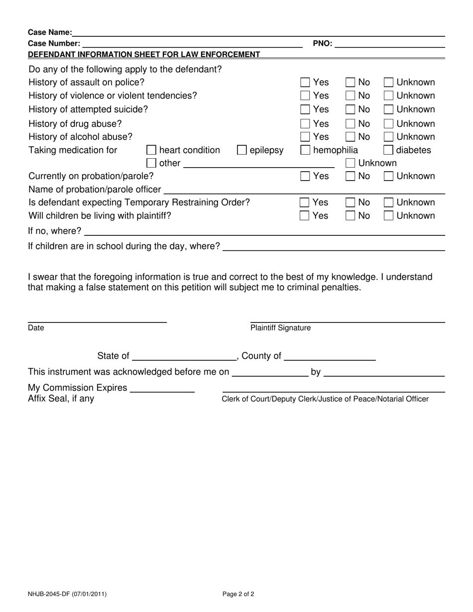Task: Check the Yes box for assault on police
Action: (x=305, y=83)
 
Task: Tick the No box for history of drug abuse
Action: (x=351, y=124)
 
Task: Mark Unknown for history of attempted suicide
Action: (x=388, y=109)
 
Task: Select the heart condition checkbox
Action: (x=151, y=150)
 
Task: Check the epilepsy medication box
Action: (x=241, y=150)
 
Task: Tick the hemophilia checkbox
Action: (x=305, y=150)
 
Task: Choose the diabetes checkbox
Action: (x=388, y=150)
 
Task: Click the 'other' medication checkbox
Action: (x=151, y=163)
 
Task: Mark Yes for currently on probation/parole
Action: (x=305, y=176)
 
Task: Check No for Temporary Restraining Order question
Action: (x=351, y=203)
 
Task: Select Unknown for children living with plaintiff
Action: (x=388, y=216)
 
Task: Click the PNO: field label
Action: (x=322, y=43)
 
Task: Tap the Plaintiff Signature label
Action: (x=280, y=328)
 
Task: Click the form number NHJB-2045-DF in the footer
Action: (x=67, y=594)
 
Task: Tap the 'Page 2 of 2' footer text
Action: (x=238, y=594)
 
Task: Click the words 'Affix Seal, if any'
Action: (x=61, y=399)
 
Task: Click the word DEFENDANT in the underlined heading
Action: (x=52, y=54)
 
